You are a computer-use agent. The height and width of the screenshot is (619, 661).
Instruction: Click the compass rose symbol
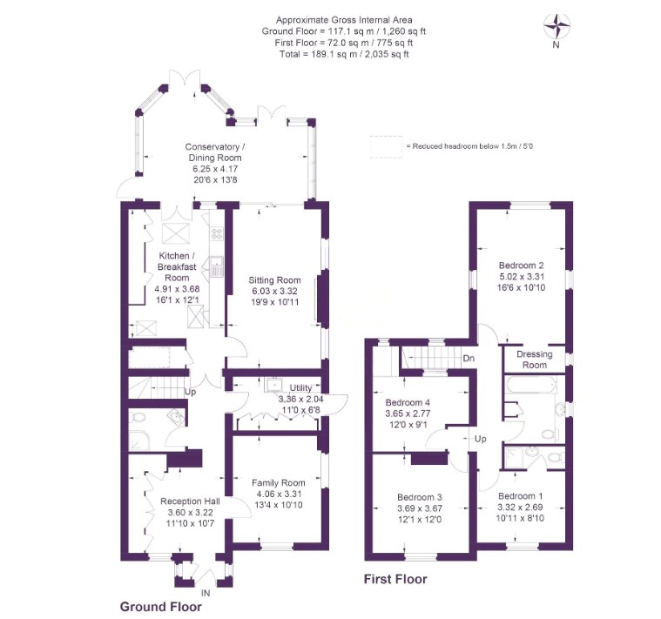556,26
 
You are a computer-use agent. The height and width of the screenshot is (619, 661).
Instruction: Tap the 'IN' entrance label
206,593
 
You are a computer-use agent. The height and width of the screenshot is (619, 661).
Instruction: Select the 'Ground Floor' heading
160,607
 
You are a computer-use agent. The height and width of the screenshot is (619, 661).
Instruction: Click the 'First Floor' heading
395,580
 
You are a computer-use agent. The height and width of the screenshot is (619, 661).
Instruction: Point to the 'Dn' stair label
469,359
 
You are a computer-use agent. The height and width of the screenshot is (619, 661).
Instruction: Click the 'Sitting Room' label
274,280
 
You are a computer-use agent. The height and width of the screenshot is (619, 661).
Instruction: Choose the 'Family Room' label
278,483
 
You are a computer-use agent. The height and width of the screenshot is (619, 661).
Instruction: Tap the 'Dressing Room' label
535,360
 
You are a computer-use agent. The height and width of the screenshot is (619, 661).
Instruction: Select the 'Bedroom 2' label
521,266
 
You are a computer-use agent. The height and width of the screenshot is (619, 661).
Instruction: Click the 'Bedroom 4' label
408,402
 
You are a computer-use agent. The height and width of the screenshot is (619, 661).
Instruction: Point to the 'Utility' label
300,388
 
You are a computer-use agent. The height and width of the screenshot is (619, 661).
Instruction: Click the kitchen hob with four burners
217,234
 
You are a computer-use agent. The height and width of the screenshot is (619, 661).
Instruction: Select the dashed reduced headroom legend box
386,146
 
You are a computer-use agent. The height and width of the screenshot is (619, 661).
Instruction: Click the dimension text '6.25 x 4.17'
215,169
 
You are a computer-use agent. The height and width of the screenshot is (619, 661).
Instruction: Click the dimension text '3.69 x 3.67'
420,508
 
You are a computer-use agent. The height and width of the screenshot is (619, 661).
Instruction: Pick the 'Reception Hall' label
190,501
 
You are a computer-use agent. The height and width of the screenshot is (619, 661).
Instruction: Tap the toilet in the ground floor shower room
137,418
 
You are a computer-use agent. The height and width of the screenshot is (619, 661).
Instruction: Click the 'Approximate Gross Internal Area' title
344,20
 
